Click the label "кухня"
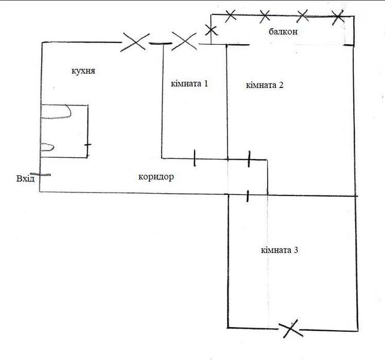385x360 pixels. tap(83, 71)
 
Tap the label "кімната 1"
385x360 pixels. tap(189, 84)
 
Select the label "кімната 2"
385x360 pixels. tap(265, 85)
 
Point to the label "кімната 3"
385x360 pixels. tap(280, 251)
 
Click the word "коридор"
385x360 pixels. tap(156, 177)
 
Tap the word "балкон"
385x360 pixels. tap(283, 32)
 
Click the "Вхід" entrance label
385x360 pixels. tap(25, 179)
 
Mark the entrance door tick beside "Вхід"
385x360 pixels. tap(41, 175)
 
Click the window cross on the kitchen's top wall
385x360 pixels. tap(135, 42)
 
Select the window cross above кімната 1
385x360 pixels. tap(184, 41)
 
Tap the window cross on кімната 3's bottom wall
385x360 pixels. tap(290, 329)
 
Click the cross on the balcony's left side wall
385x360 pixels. tap(211, 30)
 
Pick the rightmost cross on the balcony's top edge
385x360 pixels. tap(338, 17)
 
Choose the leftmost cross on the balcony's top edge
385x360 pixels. tap(231, 16)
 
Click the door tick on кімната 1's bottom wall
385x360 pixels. tap(195, 158)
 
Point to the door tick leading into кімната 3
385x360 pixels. tap(248, 196)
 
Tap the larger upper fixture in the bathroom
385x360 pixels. tap(56, 112)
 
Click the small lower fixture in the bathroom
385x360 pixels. tap(47, 147)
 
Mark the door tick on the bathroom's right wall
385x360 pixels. tap(87, 145)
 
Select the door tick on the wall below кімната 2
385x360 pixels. tap(249, 159)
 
